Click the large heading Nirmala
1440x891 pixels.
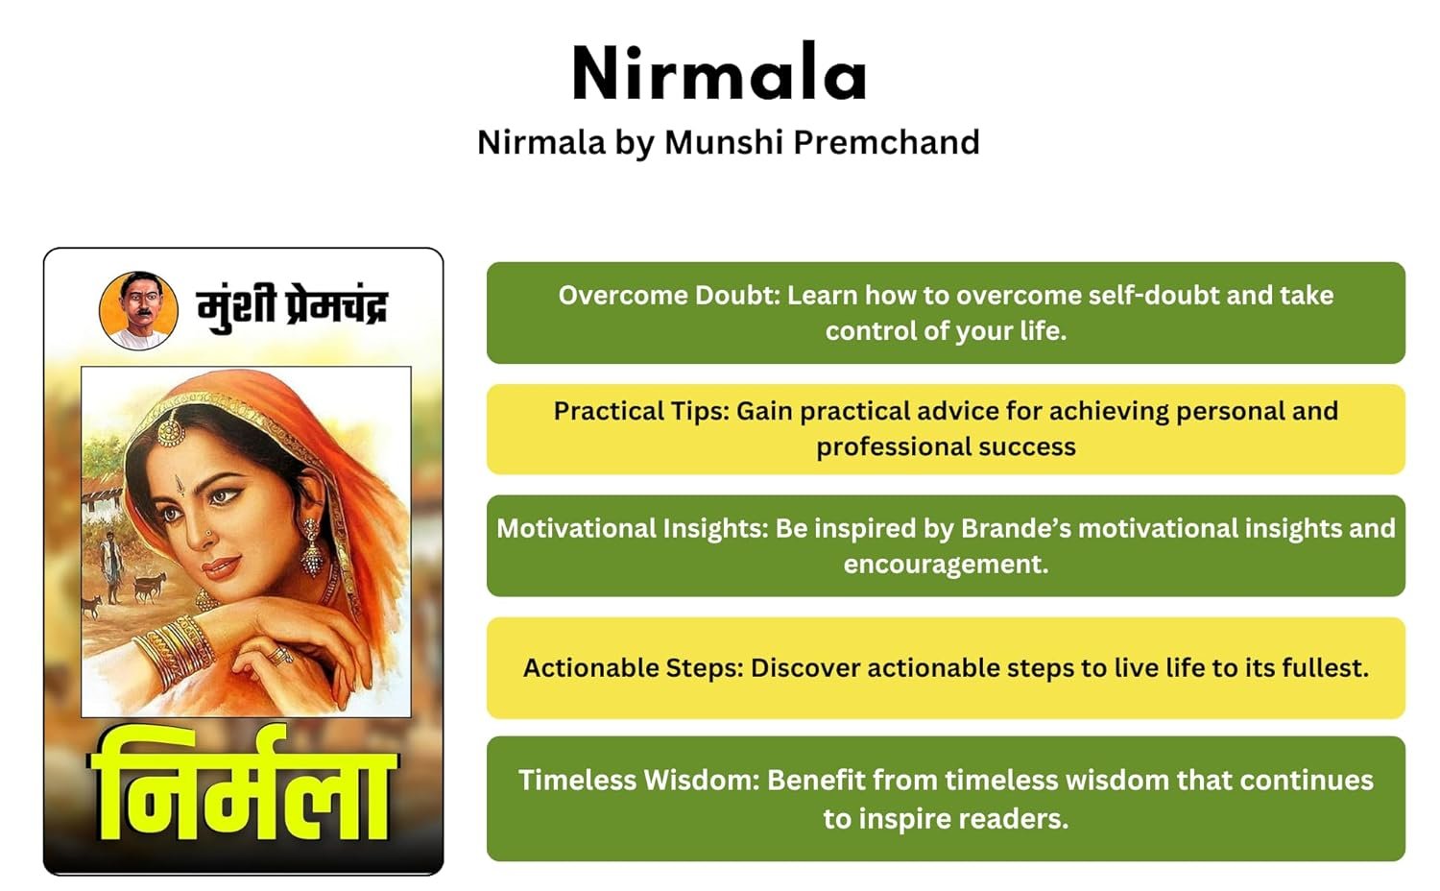[719, 72]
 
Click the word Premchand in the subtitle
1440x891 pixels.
[886, 142]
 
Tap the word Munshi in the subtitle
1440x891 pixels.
[724, 142]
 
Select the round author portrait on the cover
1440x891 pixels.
[138, 311]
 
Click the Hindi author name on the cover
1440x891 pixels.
[293, 307]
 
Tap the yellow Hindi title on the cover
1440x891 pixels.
[243, 784]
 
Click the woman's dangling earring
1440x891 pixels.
[312, 546]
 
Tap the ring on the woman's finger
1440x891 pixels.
[281, 656]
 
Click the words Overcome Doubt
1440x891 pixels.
[668, 296]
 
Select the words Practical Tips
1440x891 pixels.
[641, 412]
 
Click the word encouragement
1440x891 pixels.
[946, 565]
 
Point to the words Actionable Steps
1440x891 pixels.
[633, 668]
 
